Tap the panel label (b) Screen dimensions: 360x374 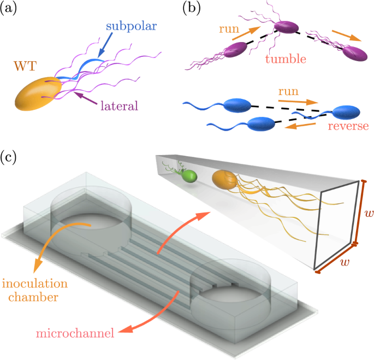195,9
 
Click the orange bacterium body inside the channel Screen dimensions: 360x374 224,181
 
